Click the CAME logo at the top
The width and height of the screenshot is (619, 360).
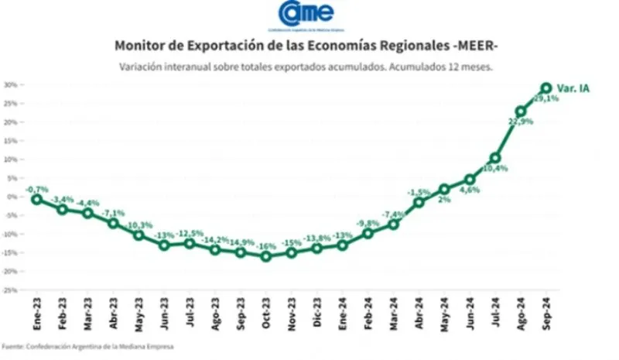click(x=307, y=14)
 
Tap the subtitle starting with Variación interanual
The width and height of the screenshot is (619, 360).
click(x=306, y=67)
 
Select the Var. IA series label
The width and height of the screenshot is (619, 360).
click(x=573, y=88)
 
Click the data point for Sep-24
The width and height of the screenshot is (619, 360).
click(x=545, y=88)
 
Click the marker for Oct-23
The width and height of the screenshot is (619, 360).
click(x=265, y=256)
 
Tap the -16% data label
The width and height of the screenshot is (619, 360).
click(x=265, y=246)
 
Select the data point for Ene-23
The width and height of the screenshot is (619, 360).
click(x=36, y=199)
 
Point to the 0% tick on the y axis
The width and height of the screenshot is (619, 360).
click(x=12, y=197)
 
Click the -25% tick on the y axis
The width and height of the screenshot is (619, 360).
click(x=9, y=290)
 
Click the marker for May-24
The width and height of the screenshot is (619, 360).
click(x=444, y=189)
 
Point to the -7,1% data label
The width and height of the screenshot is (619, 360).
click(x=113, y=213)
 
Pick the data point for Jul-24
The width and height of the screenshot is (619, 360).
click(x=495, y=158)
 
